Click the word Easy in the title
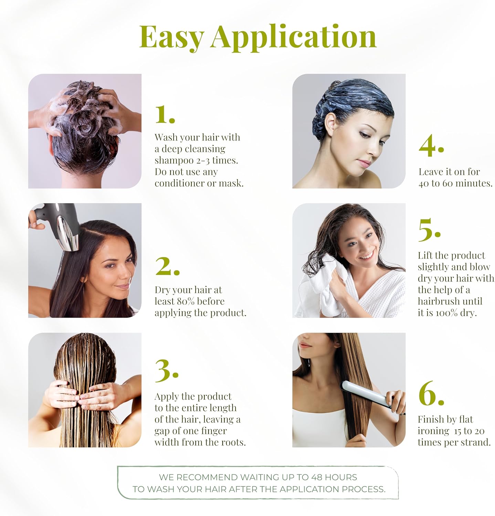172,37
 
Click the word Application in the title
294,37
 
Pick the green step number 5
429,229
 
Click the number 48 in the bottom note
317,477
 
